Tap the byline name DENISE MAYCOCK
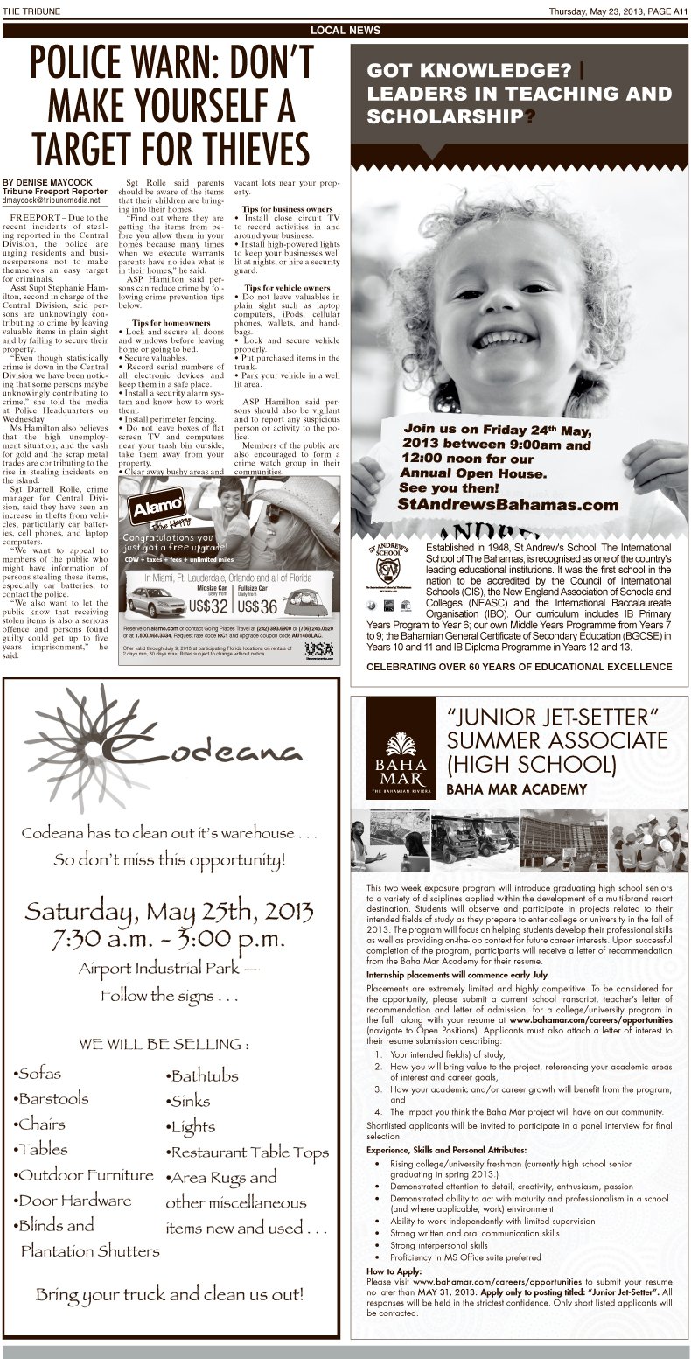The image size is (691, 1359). [49, 182]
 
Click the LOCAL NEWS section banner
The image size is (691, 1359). [345, 31]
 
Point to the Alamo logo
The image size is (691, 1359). [154, 508]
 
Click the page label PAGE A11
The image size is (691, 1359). [669, 11]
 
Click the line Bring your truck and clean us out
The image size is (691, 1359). [171, 1293]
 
